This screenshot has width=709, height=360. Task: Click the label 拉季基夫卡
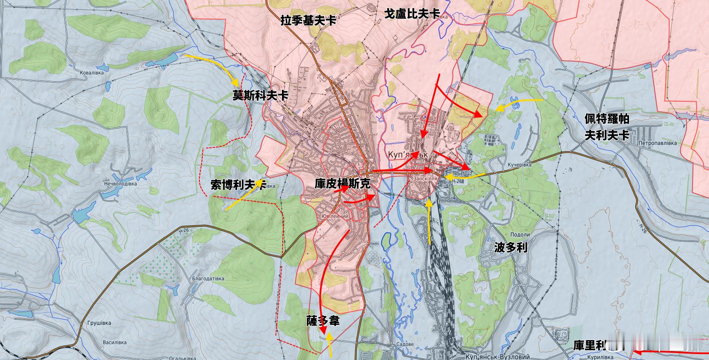click(308, 20)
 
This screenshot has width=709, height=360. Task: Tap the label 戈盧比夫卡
click(411, 14)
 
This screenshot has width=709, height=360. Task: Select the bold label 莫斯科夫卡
click(260, 96)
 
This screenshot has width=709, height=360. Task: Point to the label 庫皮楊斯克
click(342, 183)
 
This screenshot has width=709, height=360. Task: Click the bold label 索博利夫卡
click(238, 184)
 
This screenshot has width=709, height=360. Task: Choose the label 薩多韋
click(323, 321)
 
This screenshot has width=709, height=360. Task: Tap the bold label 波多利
click(510, 247)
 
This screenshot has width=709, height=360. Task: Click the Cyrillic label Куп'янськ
click(408, 155)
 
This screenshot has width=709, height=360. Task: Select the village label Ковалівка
click(92, 73)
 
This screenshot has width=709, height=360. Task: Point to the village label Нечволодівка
click(122, 184)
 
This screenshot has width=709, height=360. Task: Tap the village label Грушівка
click(99, 323)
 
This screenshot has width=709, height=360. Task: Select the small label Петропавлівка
click(658, 143)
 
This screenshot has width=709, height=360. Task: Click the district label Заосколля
click(425, 179)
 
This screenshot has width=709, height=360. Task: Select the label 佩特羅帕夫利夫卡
click(607, 127)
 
